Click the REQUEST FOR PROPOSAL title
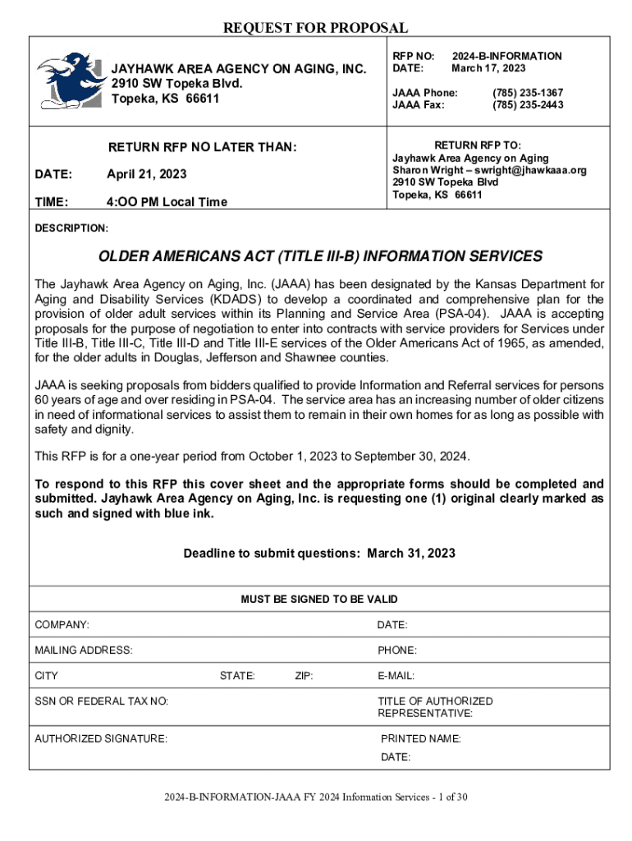(x=316, y=29)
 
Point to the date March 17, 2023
(x=488, y=68)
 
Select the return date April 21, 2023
(x=146, y=174)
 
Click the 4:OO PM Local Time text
(x=167, y=202)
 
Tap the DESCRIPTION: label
(x=71, y=227)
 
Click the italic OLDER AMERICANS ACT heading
(x=320, y=256)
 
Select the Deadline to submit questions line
(x=319, y=554)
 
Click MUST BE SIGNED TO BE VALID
(x=318, y=600)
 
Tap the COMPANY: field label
(x=62, y=626)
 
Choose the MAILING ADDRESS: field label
(x=84, y=650)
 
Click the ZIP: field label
(x=304, y=676)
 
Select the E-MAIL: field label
(x=396, y=676)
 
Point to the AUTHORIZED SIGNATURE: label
(x=101, y=738)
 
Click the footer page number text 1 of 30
(x=448, y=796)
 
